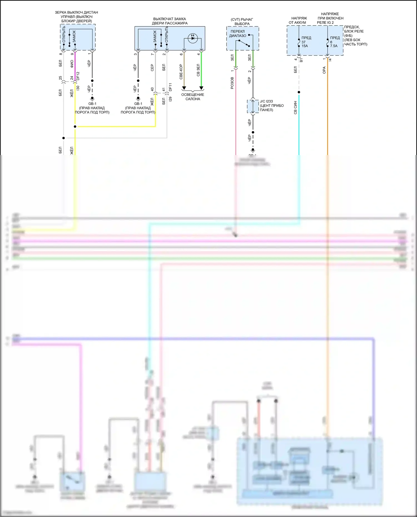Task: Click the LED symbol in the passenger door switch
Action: click(x=193, y=38)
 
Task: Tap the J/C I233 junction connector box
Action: click(x=253, y=106)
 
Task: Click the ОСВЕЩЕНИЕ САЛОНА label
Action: click(x=193, y=97)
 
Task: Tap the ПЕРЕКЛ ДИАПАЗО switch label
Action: click(x=238, y=34)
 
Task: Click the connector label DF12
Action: click(x=78, y=76)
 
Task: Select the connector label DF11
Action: click(x=170, y=87)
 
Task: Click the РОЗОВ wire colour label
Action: click(x=232, y=83)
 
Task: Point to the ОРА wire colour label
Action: click(x=324, y=70)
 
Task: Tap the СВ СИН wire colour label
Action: click(x=295, y=108)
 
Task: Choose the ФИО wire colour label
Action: click(x=72, y=64)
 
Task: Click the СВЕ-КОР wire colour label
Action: click(x=181, y=72)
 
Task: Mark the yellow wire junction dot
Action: click(x=75, y=127)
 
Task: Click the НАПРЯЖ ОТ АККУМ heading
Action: click(x=298, y=20)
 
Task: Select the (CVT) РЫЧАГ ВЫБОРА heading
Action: click(x=242, y=22)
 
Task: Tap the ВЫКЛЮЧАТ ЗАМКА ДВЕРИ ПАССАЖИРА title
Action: click(x=170, y=21)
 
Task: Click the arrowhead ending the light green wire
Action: click(x=201, y=88)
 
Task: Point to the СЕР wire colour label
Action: click(x=152, y=68)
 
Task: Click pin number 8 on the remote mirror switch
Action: click(x=61, y=54)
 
